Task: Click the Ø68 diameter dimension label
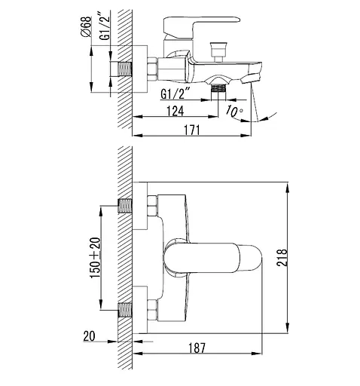coord(86,27)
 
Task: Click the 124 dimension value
coord(175,111)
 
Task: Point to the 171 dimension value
coord(192,130)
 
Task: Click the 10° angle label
coord(234,112)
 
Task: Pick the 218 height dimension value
coord(282,258)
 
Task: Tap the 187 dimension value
coord(197,348)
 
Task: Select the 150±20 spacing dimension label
coord(95,258)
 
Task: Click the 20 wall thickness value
coord(90,336)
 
